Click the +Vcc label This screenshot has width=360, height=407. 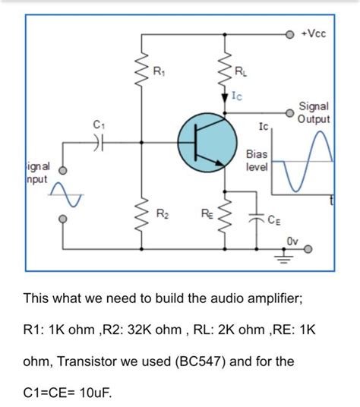(x=314, y=34)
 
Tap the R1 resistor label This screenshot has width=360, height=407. (x=158, y=72)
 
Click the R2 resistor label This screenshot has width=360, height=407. (x=161, y=215)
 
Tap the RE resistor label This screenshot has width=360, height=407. (x=207, y=215)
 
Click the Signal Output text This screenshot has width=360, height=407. (x=314, y=114)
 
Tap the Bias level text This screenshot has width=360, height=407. (x=257, y=160)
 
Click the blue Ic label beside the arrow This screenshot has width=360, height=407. (x=238, y=96)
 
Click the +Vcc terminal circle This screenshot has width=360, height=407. (x=289, y=35)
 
